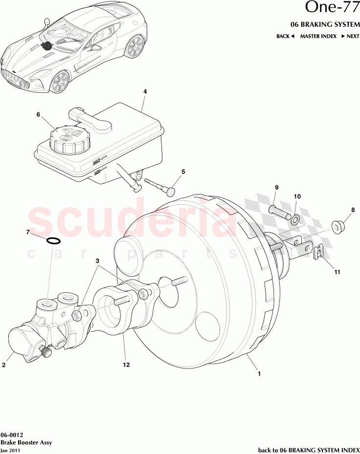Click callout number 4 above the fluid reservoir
(x=145, y=91)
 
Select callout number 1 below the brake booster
(x=258, y=374)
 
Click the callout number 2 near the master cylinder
(x=4, y=365)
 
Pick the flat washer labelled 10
(x=296, y=216)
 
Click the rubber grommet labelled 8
(x=336, y=226)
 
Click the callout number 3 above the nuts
(x=98, y=261)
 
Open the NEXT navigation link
(x=350, y=36)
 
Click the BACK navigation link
(x=285, y=36)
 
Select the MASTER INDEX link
(x=318, y=36)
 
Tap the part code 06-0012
(x=11, y=434)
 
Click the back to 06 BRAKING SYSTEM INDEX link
(x=308, y=449)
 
